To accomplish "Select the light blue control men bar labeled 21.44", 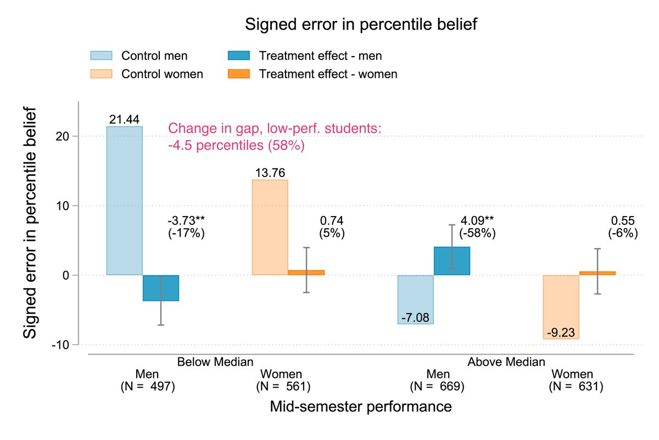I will (x=125, y=201).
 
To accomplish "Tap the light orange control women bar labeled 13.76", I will (x=270, y=227).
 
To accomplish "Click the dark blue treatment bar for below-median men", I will (x=161, y=288).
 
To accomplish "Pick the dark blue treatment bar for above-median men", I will (x=451, y=261).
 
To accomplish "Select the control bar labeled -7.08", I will (x=415, y=299).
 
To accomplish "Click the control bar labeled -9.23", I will (x=561, y=307).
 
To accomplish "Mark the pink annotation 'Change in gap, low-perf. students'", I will (x=274, y=129).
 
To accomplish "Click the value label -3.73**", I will (x=186, y=221).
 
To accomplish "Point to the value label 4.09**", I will (x=477, y=221).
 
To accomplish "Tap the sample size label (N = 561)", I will (x=283, y=387).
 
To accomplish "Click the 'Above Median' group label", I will (x=506, y=362).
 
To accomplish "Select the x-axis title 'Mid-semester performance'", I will (x=361, y=407).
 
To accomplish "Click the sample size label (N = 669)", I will (x=438, y=387).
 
